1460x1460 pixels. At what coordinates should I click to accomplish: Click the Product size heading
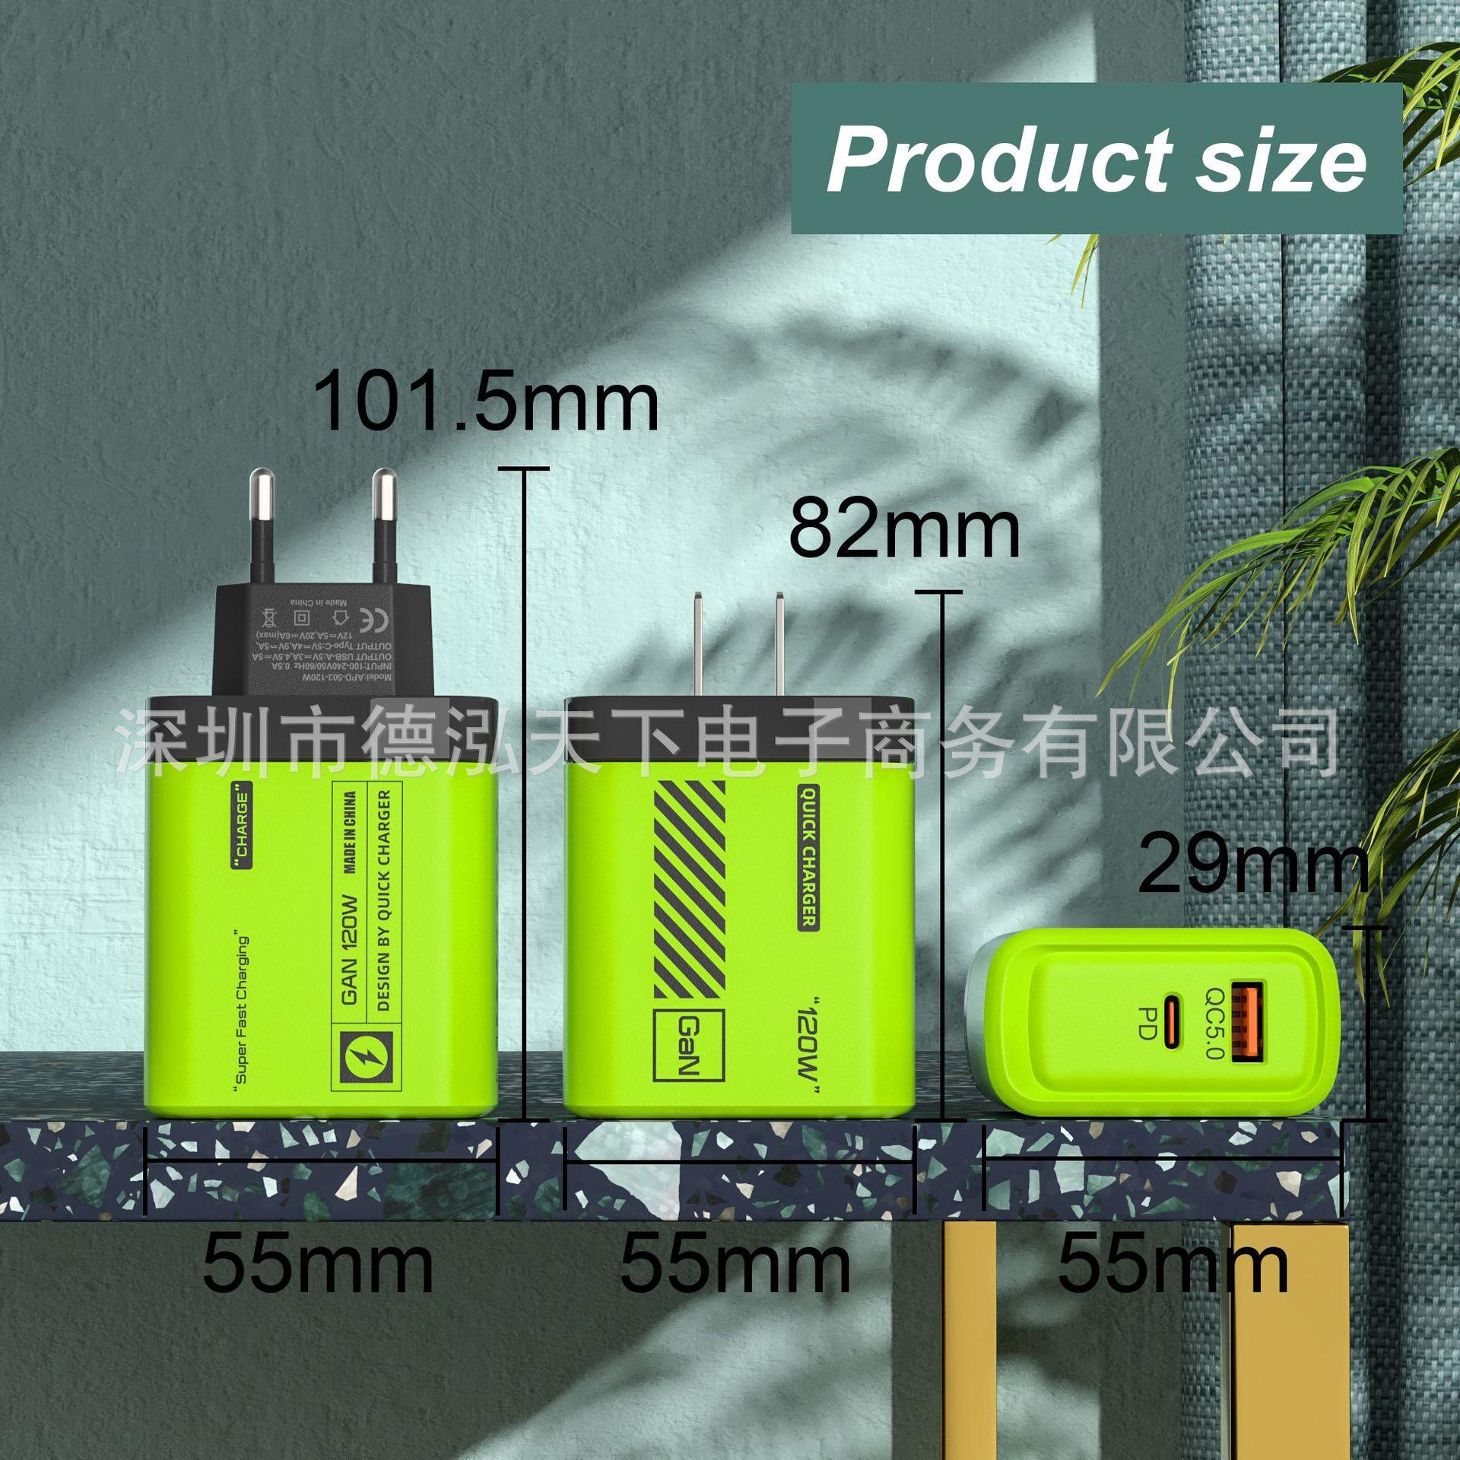pos(1096,159)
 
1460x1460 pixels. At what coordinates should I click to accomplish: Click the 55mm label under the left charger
pos(318,1264)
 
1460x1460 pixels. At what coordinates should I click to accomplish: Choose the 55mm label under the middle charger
pos(735,1264)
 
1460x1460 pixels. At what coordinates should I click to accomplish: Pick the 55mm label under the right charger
pos(1173,1264)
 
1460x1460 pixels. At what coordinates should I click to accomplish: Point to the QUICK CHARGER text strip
pos(807,859)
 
